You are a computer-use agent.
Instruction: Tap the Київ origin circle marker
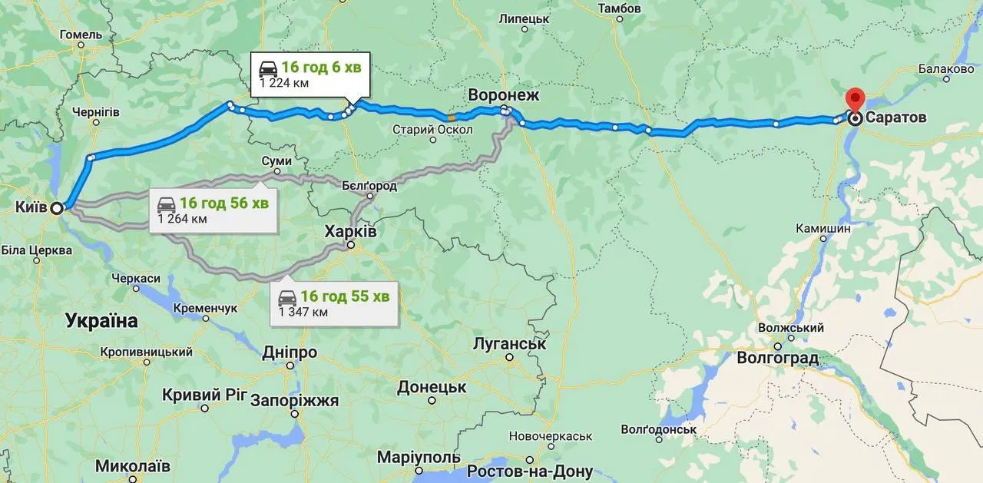click(56, 207)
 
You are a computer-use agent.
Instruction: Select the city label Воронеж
click(505, 94)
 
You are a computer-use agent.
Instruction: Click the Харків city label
click(351, 231)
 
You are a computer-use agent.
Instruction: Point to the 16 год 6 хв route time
click(321, 67)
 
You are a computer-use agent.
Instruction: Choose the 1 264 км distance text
click(183, 219)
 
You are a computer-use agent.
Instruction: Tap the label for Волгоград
click(777, 358)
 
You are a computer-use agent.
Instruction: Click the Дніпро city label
click(290, 352)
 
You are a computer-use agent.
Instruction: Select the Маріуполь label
click(419, 457)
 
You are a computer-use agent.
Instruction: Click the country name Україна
click(101, 321)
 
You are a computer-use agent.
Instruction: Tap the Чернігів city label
click(95, 111)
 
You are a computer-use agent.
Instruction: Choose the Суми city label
click(276, 161)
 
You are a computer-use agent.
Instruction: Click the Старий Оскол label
click(425, 129)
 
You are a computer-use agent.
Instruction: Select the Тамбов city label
click(621, 8)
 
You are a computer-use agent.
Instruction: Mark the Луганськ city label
click(510, 343)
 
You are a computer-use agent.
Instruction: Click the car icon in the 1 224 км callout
click(269, 66)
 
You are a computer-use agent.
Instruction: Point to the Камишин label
click(823, 228)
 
